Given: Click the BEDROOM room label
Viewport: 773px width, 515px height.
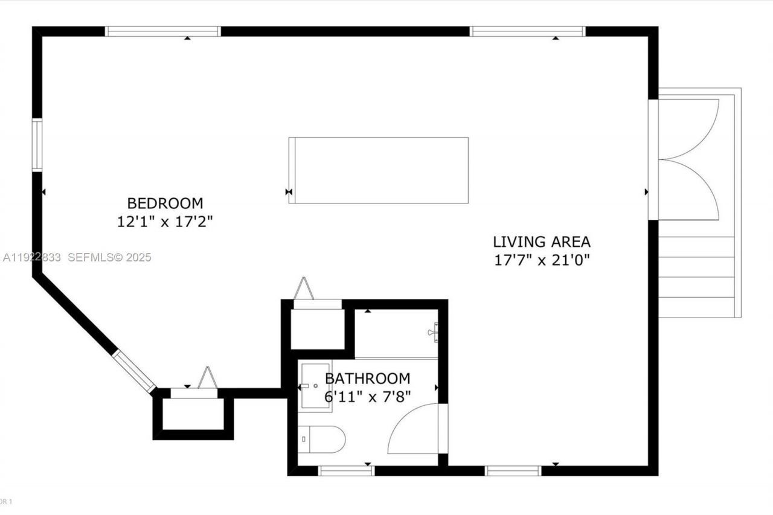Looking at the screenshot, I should pos(165,203).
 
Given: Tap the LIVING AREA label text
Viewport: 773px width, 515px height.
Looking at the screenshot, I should pos(542,242).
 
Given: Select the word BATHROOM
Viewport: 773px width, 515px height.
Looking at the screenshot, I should pos(367,379).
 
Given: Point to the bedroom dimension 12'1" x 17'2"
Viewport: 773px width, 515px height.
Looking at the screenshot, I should pos(165,222).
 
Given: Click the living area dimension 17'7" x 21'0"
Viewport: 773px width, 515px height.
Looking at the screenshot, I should pos(542,260).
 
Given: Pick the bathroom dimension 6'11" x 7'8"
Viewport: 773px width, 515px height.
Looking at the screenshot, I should pos(367,397).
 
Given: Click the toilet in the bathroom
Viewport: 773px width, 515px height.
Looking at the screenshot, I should pos(321,439).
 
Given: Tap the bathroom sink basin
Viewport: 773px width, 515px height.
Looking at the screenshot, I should pos(315,386).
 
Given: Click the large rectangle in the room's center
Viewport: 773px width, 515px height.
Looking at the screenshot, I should pos(379,170).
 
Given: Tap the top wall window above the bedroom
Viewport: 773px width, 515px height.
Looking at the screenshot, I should pos(163,31).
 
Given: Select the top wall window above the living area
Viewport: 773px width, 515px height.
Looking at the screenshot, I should pos(527,31).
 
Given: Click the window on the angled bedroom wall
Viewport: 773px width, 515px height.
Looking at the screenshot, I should pos(134,371).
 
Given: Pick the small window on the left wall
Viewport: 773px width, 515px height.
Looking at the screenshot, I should pos(37,145).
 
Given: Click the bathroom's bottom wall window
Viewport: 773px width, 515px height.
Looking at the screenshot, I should pos(347,470).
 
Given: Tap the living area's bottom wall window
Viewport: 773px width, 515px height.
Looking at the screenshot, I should pos(513,470).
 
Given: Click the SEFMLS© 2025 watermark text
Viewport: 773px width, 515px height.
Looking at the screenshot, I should pos(109,257).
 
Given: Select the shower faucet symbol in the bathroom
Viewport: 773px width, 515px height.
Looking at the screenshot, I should pos(434,331).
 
